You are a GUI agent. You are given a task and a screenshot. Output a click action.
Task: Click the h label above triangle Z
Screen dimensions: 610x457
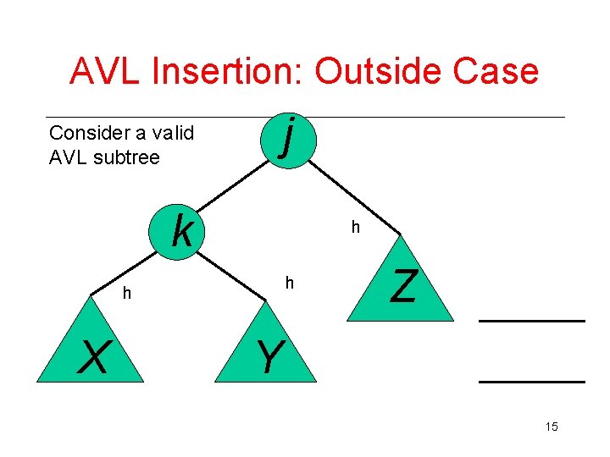pyautogui.click(x=356, y=228)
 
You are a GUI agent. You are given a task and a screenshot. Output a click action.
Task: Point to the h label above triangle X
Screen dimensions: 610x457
pyautogui.click(x=126, y=293)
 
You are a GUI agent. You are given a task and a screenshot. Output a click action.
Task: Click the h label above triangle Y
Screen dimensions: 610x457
pyautogui.click(x=289, y=283)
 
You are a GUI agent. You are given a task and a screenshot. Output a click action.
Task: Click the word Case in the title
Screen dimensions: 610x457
pyautogui.click(x=496, y=71)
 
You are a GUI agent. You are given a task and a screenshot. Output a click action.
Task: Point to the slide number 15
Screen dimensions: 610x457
pyautogui.click(x=552, y=427)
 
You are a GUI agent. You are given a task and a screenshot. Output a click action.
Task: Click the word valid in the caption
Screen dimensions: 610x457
pyautogui.click(x=172, y=133)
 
